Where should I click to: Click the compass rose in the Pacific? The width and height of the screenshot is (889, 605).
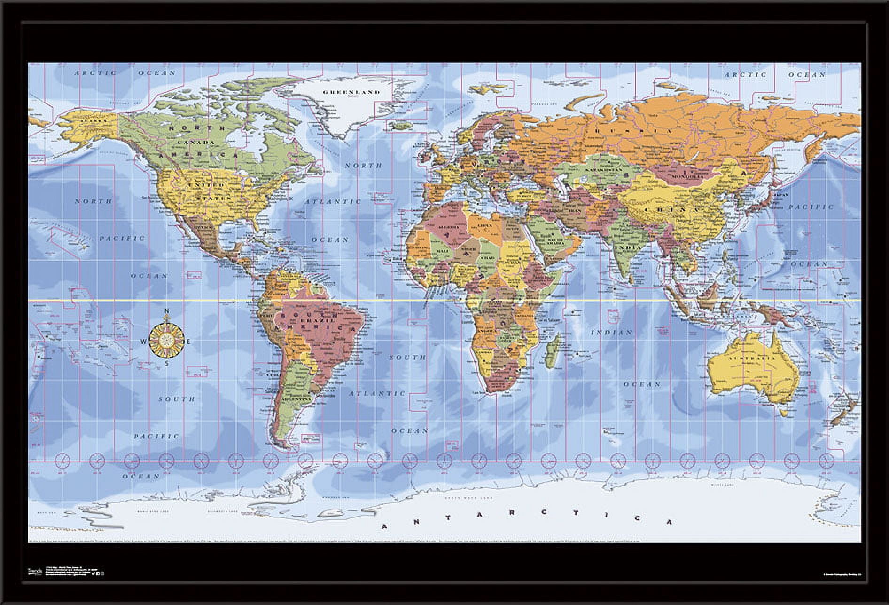[166, 337]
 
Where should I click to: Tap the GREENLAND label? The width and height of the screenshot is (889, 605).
[351, 92]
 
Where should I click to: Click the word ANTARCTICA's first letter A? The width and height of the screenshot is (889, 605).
[384, 526]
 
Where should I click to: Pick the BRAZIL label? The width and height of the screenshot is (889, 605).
[323, 320]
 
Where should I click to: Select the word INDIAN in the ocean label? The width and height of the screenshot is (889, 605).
[611, 333]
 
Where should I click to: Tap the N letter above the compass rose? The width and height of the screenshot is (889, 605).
[166, 311]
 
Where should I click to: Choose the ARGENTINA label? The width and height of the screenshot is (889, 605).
[296, 398]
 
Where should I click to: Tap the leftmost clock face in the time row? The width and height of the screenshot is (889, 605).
[62, 460]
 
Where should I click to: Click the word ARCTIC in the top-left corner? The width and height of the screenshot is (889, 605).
[95, 73]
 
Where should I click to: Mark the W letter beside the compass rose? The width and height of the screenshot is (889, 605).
[144, 342]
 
